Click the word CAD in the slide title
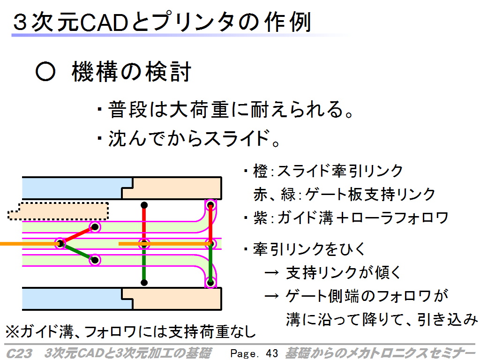tap(104, 22)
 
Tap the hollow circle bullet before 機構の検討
tap(45, 72)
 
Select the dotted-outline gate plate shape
tap(58, 211)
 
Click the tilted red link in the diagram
tap(78, 235)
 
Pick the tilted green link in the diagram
tap(78, 252)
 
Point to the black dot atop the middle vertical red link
tap(144, 205)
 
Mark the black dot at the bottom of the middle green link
tap(144, 282)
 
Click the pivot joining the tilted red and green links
tap(60, 244)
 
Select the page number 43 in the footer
tap(271, 353)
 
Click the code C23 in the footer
tap(19, 353)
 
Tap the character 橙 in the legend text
tap(261, 171)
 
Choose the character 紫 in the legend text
tap(261, 218)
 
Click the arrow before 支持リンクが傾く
tap(271, 272)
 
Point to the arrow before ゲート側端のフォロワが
tap(271, 296)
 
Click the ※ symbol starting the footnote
tap(13, 331)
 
